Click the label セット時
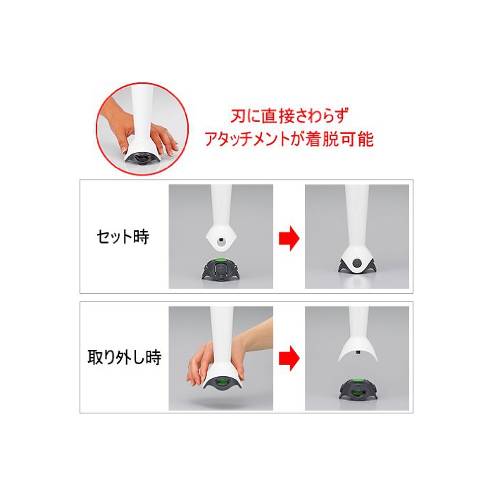(123, 237)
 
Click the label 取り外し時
(125, 357)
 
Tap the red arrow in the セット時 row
(289, 238)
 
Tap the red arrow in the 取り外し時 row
(289, 358)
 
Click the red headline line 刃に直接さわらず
(290, 116)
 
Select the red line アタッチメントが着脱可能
(289, 139)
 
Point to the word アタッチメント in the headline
(246, 139)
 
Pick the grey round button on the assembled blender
(357, 263)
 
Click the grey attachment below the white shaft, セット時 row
(221, 269)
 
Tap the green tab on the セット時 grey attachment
(221, 260)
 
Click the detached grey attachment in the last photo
(358, 388)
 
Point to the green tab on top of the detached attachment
(358, 378)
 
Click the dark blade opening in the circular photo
(142, 158)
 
